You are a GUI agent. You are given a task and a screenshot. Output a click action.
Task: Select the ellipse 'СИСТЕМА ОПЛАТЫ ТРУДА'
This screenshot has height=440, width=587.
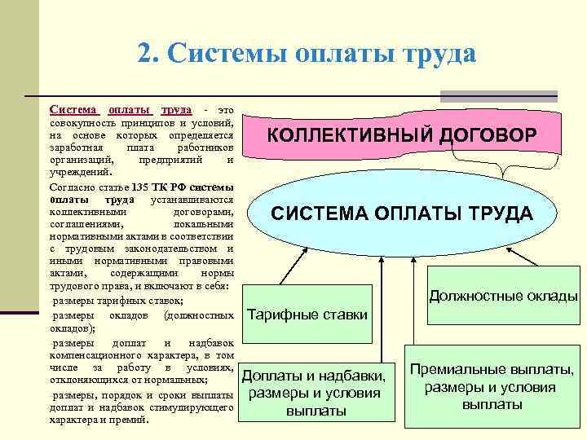point(402,214)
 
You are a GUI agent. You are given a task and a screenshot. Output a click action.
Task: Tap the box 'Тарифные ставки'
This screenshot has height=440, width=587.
point(307,315)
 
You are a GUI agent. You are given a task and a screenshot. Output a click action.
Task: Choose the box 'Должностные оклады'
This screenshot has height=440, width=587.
point(503,296)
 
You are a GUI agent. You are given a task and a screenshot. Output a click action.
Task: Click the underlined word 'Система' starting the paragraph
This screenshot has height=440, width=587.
point(74,109)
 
